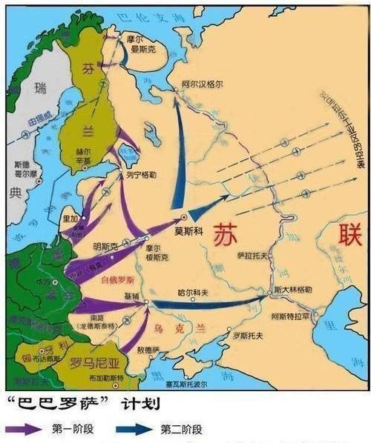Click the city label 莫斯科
(x=188, y=230)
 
